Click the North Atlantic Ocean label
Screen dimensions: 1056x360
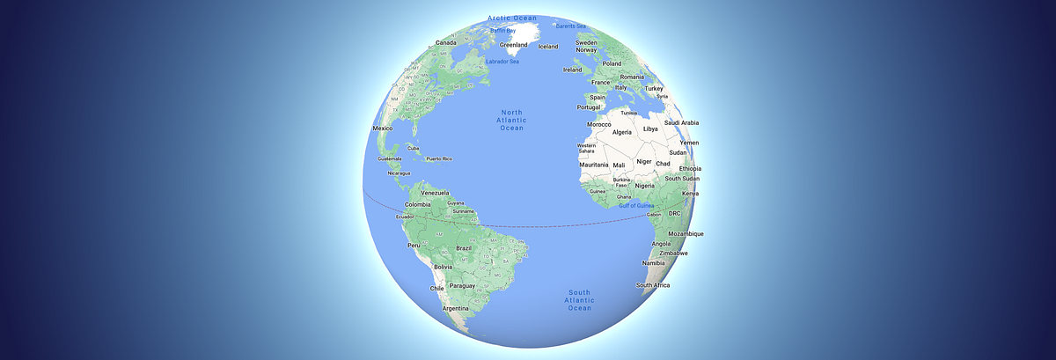511,120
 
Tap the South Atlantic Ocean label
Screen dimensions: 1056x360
578,300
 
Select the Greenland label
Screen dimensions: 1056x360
513,44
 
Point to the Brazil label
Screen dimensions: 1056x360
464,248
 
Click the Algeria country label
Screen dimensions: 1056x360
622,132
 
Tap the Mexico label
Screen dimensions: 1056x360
383,129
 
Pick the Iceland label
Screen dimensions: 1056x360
548,47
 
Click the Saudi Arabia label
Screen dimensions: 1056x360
681,123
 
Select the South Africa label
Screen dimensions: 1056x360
654,285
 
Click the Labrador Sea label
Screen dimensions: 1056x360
502,61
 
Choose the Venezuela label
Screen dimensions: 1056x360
435,193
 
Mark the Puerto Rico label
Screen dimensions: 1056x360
438,159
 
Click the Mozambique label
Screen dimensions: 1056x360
686,234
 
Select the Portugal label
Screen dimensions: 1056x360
589,107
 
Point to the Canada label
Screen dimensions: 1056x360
445,42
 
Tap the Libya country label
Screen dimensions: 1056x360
651,129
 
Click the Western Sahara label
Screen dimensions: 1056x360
586,149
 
